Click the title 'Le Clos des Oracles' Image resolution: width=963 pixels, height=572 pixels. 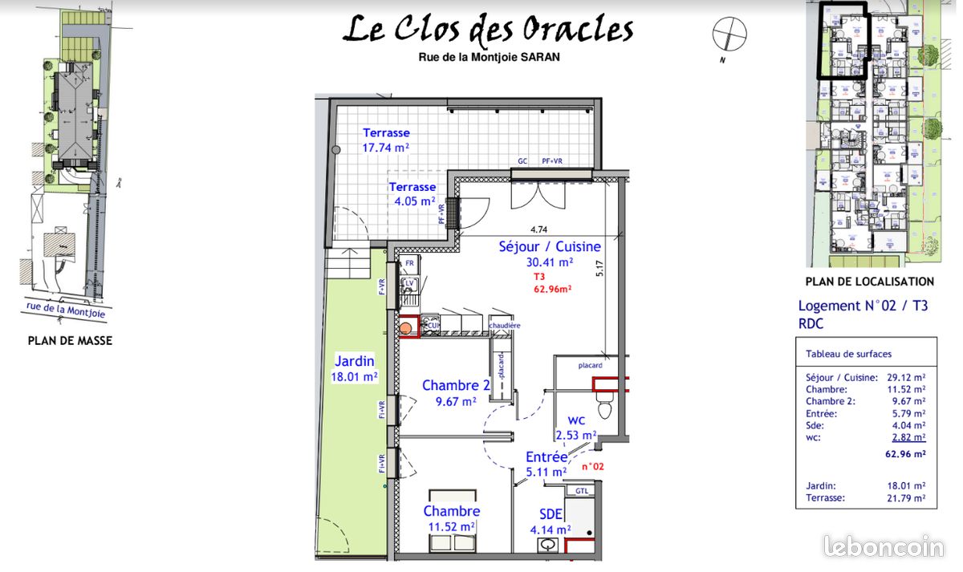point(488,30)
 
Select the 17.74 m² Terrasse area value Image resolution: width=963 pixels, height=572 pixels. point(386,148)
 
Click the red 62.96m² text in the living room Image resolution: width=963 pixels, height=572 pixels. point(552,290)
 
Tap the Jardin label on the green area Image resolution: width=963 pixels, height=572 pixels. point(355,362)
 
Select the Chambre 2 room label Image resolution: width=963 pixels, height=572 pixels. point(456,386)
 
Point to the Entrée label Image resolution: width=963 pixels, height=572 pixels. point(546,457)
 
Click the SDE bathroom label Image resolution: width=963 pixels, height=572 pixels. point(550,514)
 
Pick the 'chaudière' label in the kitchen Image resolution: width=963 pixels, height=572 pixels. point(505,325)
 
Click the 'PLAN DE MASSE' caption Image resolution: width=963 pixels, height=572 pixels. point(70,341)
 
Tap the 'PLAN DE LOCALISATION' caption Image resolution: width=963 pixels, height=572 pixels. point(869,282)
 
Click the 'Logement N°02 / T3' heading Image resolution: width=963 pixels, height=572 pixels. point(863,306)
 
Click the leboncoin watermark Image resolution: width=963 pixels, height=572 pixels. point(884,547)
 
